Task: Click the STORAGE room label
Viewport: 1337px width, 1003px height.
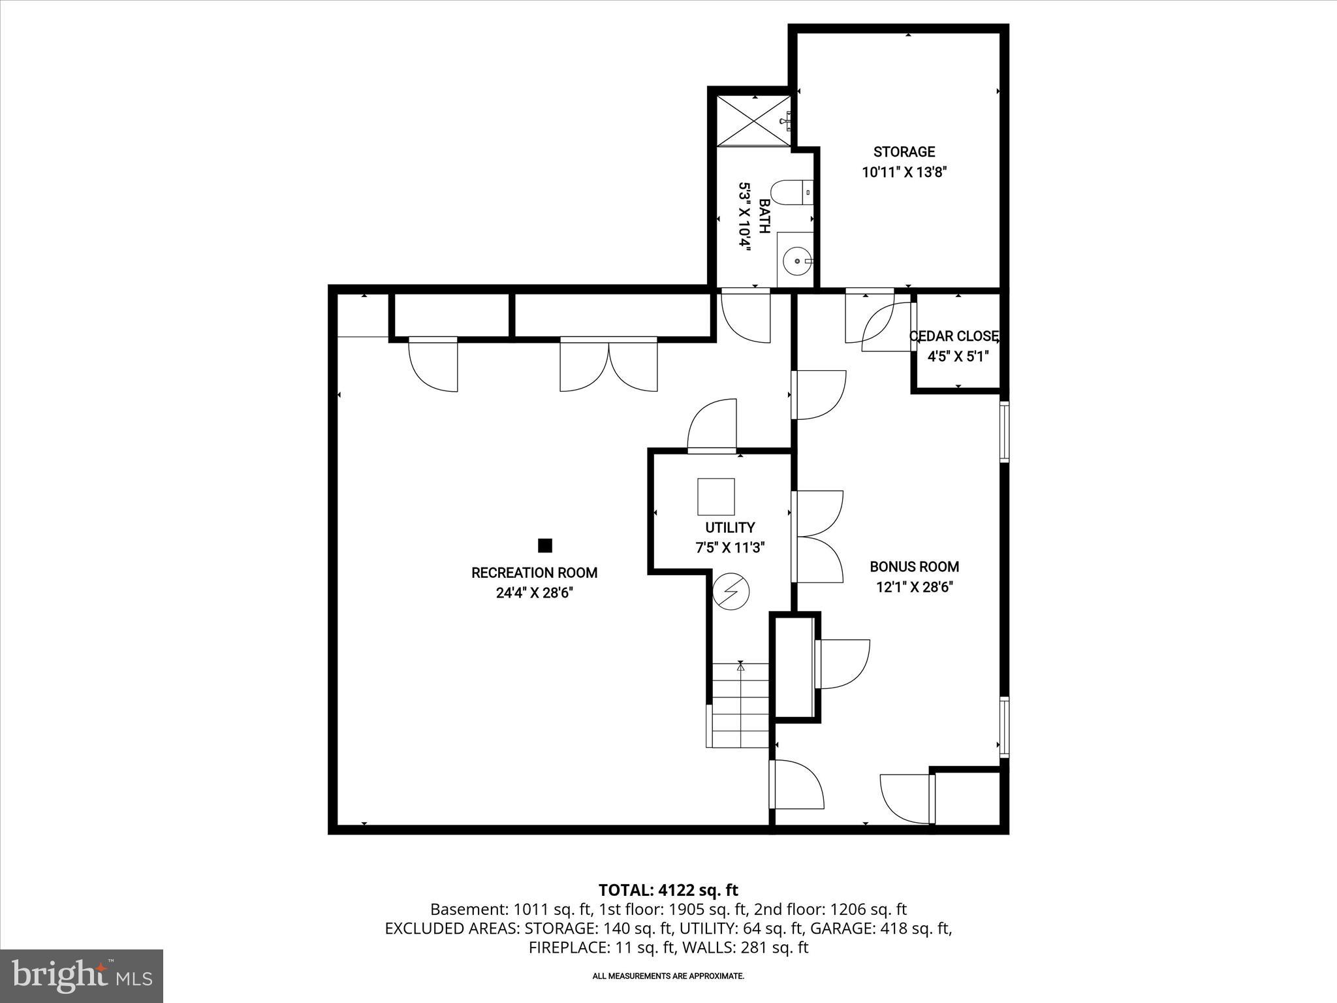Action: (x=904, y=152)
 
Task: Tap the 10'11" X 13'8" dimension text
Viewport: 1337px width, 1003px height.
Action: (x=904, y=172)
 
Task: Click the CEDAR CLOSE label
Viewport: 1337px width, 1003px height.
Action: (x=954, y=336)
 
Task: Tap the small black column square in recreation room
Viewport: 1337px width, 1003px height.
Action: (x=545, y=545)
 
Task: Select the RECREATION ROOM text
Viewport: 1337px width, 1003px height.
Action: (x=534, y=573)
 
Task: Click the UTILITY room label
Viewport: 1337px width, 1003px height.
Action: (x=730, y=528)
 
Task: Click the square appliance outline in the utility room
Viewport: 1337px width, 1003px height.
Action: (x=716, y=497)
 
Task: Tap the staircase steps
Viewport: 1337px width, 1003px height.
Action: (x=740, y=706)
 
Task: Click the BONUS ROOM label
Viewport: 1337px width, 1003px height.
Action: (x=914, y=567)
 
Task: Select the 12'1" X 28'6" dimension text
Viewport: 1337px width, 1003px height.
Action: (x=914, y=587)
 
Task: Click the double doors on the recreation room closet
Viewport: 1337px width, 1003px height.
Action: (x=608, y=366)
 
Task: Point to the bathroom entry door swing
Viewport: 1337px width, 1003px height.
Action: (x=746, y=317)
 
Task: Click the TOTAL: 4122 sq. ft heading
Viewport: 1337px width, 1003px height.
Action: (x=668, y=890)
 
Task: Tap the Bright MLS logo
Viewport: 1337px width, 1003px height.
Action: (x=82, y=976)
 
